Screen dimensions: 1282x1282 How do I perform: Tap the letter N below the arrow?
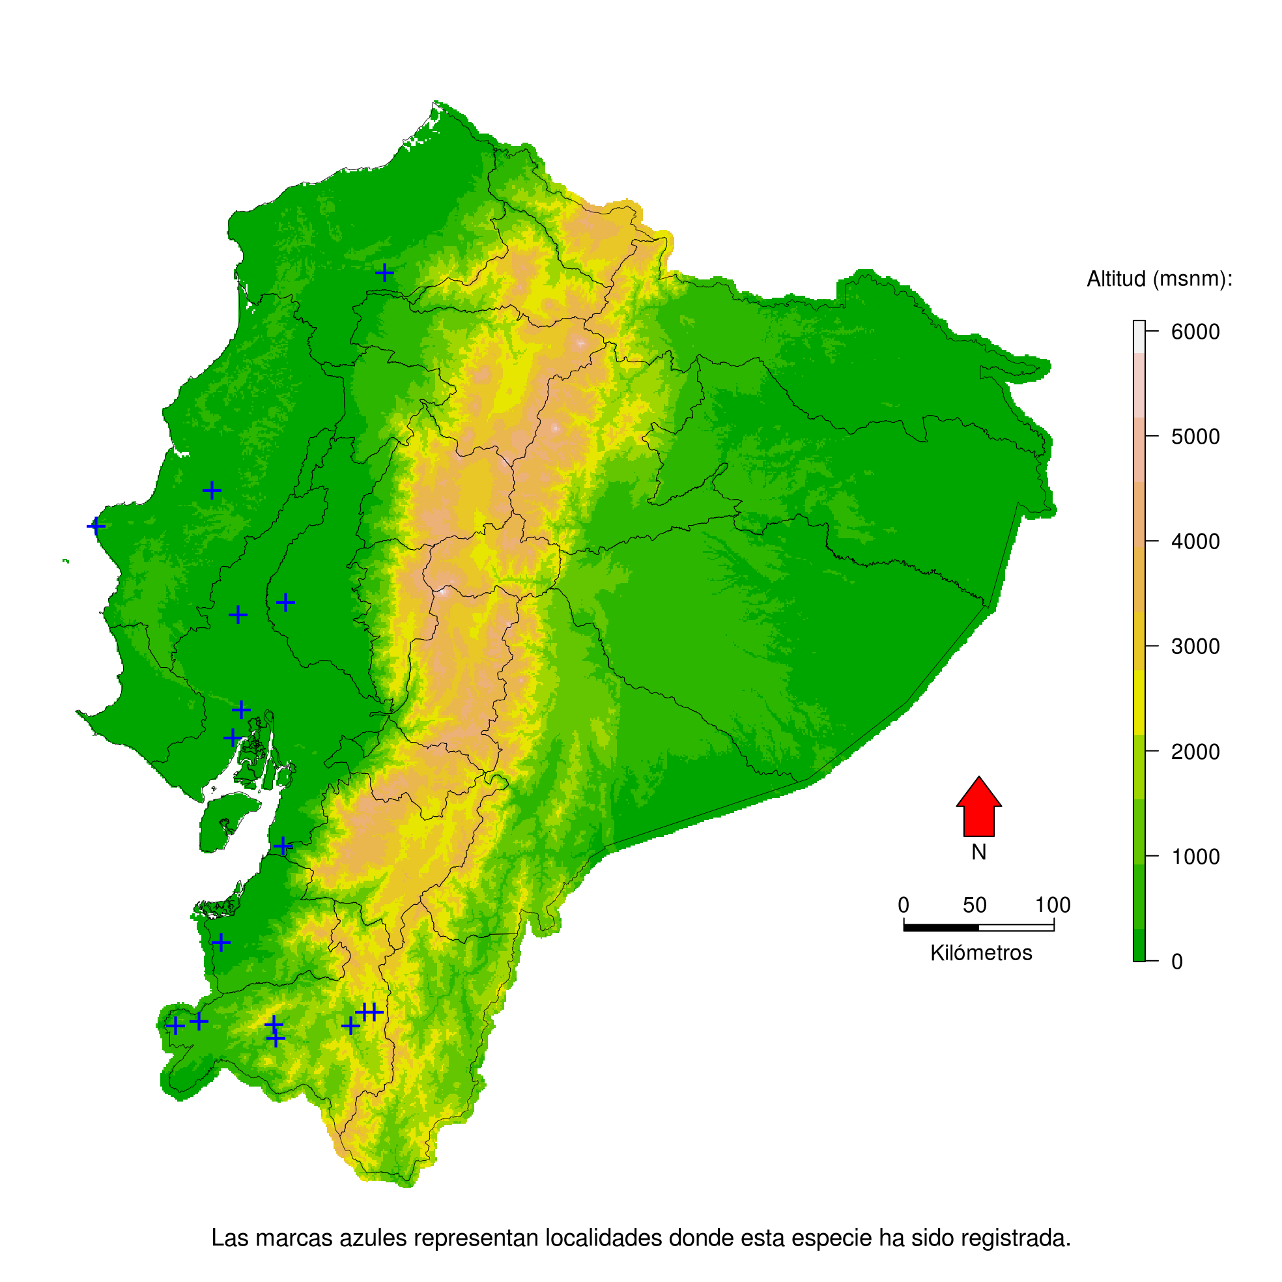click(x=978, y=852)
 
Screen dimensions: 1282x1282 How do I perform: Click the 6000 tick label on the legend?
click(x=1195, y=332)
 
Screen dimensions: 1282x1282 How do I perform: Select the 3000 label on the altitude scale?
click(x=1195, y=646)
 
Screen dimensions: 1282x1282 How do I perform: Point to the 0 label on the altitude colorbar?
click(x=1177, y=961)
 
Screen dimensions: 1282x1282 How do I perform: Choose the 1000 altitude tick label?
click(x=1195, y=857)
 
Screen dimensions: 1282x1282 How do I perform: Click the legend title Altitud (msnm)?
click(x=1160, y=279)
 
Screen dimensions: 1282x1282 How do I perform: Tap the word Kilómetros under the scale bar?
click(x=981, y=953)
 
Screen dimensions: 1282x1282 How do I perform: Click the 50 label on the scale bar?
click(x=975, y=905)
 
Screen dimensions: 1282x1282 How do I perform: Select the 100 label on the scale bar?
click(x=1053, y=905)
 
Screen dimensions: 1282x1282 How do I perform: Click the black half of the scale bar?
click(x=941, y=927)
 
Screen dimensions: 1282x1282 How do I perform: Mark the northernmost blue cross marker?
click(x=385, y=273)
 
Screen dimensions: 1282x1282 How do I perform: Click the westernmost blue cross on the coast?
click(x=96, y=526)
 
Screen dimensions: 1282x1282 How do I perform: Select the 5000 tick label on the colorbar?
click(x=1195, y=436)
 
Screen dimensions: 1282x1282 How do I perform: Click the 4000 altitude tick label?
click(x=1195, y=541)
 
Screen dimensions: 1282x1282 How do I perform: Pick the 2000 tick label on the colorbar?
click(x=1195, y=752)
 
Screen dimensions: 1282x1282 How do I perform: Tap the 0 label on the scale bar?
click(x=903, y=905)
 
